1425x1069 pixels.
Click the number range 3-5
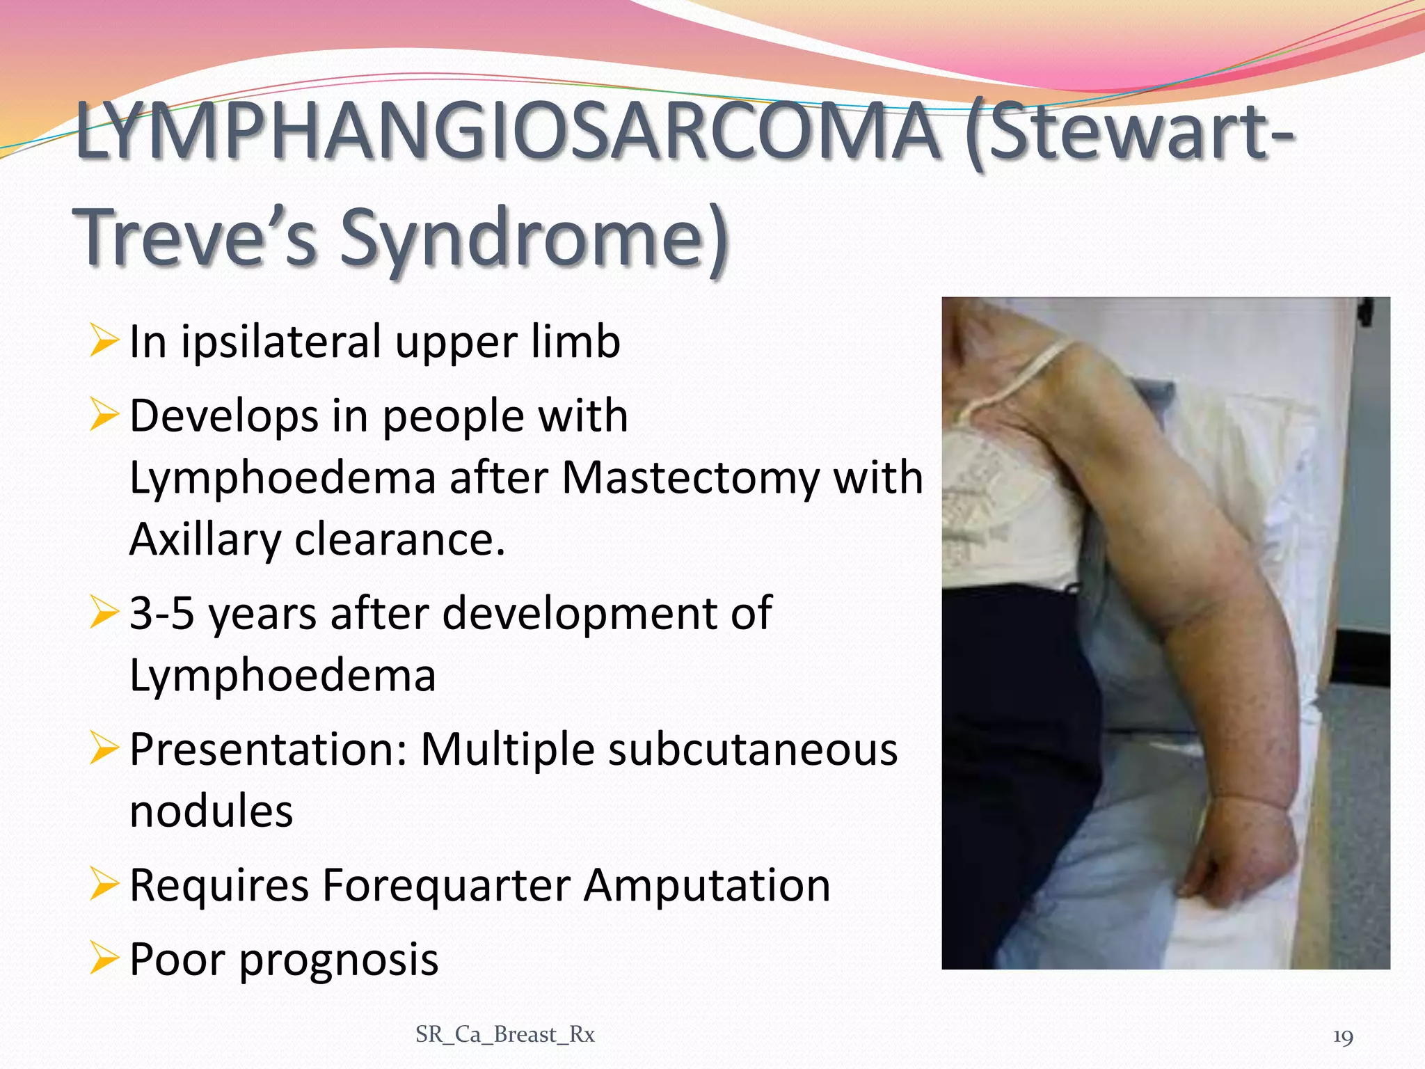click(161, 614)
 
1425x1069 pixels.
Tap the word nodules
click(211, 811)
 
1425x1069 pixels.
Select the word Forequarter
click(445, 885)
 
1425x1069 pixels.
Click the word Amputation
click(706, 885)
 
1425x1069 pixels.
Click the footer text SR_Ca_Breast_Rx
click(505, 1035)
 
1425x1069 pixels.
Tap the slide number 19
click(1342, 1037)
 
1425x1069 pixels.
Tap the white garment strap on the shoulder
click(1023, 376)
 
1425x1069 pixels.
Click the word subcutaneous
click(753, 750)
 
